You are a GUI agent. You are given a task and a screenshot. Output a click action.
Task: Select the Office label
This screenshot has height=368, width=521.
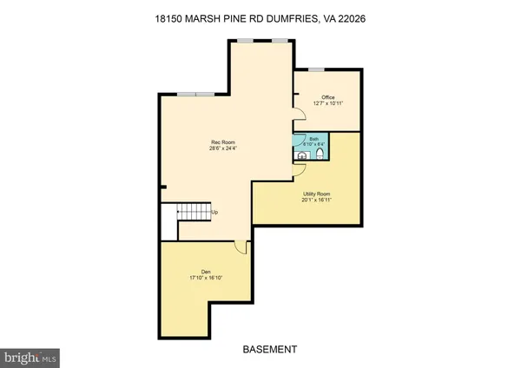(x=327, y=97)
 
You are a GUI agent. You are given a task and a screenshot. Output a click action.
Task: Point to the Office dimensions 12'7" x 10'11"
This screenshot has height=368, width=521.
(x=327, y=103)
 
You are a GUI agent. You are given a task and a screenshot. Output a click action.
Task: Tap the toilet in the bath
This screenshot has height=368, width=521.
(x=320, y=154)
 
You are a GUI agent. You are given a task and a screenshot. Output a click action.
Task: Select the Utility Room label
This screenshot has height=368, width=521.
(x=315, y=194)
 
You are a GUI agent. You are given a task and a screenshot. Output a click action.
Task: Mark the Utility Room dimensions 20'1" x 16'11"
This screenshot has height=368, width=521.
(x=315, y=200)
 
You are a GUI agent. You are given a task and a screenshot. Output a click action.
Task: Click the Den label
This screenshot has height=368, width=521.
(x=206, y=273)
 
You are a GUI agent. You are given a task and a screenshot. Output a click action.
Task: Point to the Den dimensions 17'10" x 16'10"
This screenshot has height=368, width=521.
(x=206, y=279)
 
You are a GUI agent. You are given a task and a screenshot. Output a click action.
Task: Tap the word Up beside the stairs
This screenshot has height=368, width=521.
(x=214, y=212)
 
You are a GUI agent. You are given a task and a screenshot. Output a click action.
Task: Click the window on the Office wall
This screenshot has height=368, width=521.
(x=316, y=69)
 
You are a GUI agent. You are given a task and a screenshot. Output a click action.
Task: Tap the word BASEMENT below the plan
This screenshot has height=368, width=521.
(x=270, y=349)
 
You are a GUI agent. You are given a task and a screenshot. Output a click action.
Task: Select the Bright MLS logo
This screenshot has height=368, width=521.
(x=30, y=357)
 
